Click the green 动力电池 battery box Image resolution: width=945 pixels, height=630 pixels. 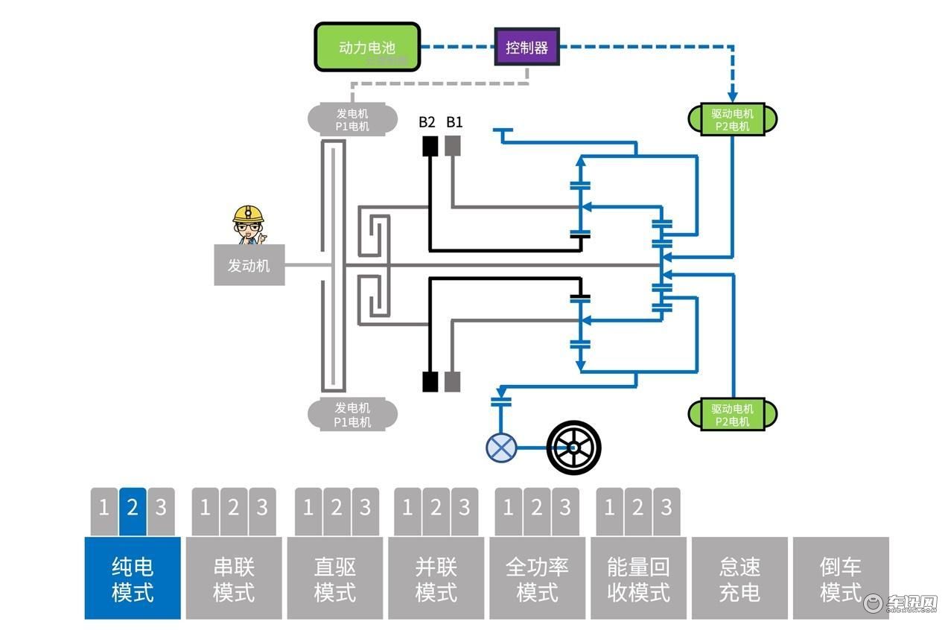click(367, 47)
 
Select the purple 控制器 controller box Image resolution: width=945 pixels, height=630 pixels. click(527, 47)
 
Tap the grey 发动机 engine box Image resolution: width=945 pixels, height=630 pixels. click(249, 265)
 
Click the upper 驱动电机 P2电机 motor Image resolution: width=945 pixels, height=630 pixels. click(732, 119)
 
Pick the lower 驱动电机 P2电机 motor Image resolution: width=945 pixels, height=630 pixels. click(732, 414)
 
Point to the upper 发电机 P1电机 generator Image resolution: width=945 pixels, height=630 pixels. click(352, 119)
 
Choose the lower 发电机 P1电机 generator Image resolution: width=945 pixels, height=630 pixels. click(352, 414)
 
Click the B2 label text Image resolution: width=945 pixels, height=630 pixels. click(427, 122)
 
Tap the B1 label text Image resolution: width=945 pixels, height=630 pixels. click(454, 122)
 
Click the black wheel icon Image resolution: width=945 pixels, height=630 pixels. click(573, 448)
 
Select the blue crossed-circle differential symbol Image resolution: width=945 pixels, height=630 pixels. click(501, 448)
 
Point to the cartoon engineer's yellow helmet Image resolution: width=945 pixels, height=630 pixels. click(248, 214)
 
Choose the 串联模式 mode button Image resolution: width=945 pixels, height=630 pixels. click(234, 578)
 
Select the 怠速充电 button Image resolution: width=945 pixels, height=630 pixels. click(739, 578)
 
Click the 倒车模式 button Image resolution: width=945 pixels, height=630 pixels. click(841, 578)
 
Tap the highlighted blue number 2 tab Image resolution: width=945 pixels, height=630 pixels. click(133, 512)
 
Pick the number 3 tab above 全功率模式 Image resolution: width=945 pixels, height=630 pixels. click(565, 512)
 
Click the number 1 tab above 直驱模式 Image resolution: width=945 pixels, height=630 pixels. click(308, 512)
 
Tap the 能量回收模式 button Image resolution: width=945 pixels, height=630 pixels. click(638, 578)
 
